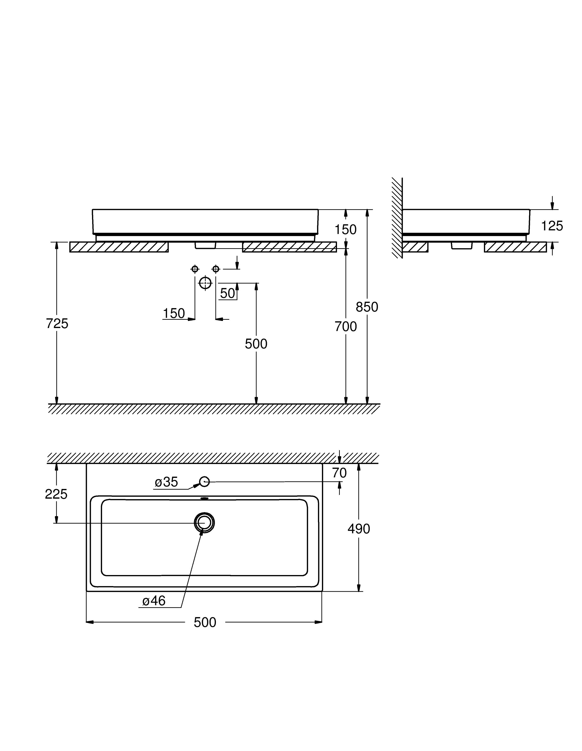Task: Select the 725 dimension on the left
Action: coord(57,324)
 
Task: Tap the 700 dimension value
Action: coord(346,326)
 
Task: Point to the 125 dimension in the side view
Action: coord(552,226)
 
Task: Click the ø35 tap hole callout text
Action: coord(166,482)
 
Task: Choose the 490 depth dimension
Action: coord(358,529)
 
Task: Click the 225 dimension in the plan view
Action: coord(56,494)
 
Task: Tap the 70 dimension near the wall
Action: coord(339,473)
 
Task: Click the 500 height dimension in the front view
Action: coord(256,344)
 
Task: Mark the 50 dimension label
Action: coord(227,293)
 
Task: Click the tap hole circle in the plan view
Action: coord(205,482)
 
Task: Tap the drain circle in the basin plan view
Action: coord(204,523)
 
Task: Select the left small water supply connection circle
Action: coord(195,269)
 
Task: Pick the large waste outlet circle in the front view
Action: coord(205,283)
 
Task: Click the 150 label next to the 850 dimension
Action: coord(345,229)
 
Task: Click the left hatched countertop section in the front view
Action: coord(119,247)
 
